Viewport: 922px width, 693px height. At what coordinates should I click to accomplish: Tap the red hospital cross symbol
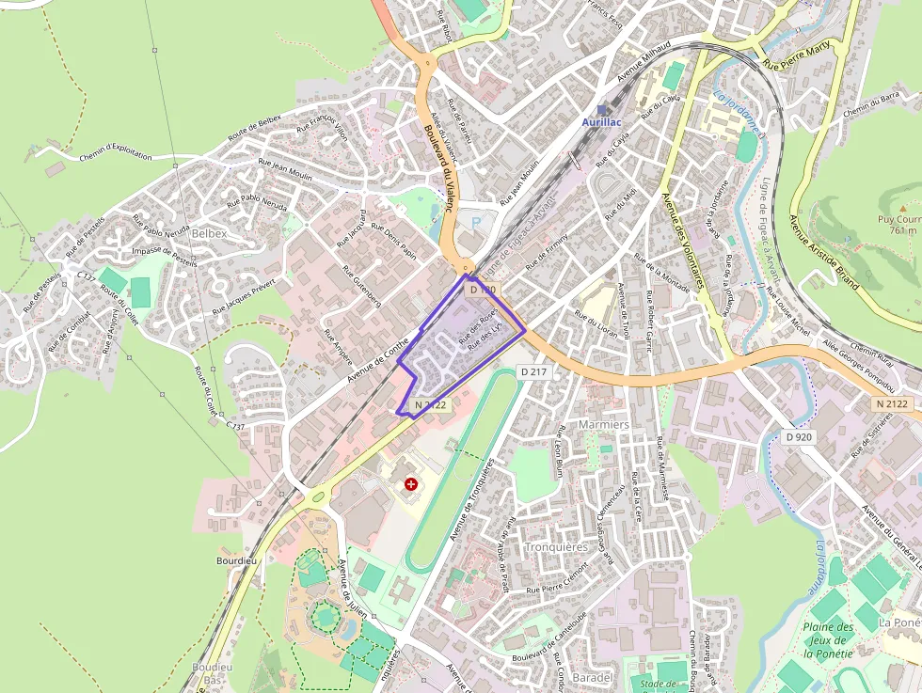click(x=411, y=483)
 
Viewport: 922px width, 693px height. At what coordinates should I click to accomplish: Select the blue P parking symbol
click(x=476, y=223)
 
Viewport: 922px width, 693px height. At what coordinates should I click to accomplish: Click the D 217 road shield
click(x=533, y=372)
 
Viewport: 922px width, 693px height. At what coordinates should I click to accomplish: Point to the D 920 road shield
click(x=799, y=436)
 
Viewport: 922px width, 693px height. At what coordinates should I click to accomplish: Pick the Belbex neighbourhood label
click(x=210, y=233)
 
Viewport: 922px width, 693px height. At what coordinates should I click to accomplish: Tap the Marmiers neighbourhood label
click(x=604, y=425)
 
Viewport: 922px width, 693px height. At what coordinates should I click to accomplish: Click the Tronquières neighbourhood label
click(x=556, y=546)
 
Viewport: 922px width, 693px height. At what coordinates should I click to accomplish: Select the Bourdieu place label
click(x=236, y=560)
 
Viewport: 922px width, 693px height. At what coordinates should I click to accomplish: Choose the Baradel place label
click(x=593, y=677)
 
